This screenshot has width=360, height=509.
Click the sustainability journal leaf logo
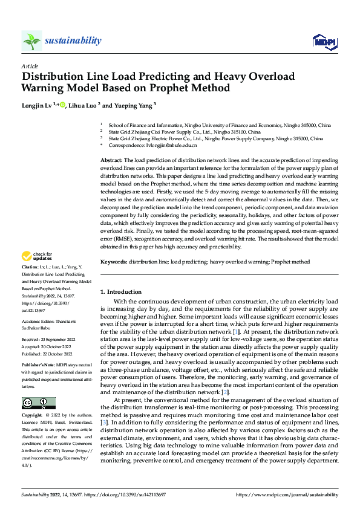(x=31, y=41)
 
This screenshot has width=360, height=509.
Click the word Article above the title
(x=30, y=66)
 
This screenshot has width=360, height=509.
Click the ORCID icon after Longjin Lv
(x=62, y=105)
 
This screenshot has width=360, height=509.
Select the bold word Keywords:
(x=114, y=262)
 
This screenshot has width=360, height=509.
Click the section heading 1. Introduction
(x=121, y=292)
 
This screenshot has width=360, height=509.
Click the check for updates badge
(x=36, y=256)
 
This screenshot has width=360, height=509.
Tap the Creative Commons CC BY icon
(x=38, y=386)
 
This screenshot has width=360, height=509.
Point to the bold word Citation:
(x=31, y=266)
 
